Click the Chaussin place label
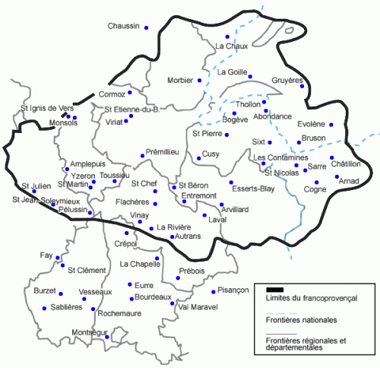(124, 27)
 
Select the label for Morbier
(180, 80)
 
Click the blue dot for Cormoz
(131, 93)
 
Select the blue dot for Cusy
(199, 158)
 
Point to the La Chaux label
(233, 47)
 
